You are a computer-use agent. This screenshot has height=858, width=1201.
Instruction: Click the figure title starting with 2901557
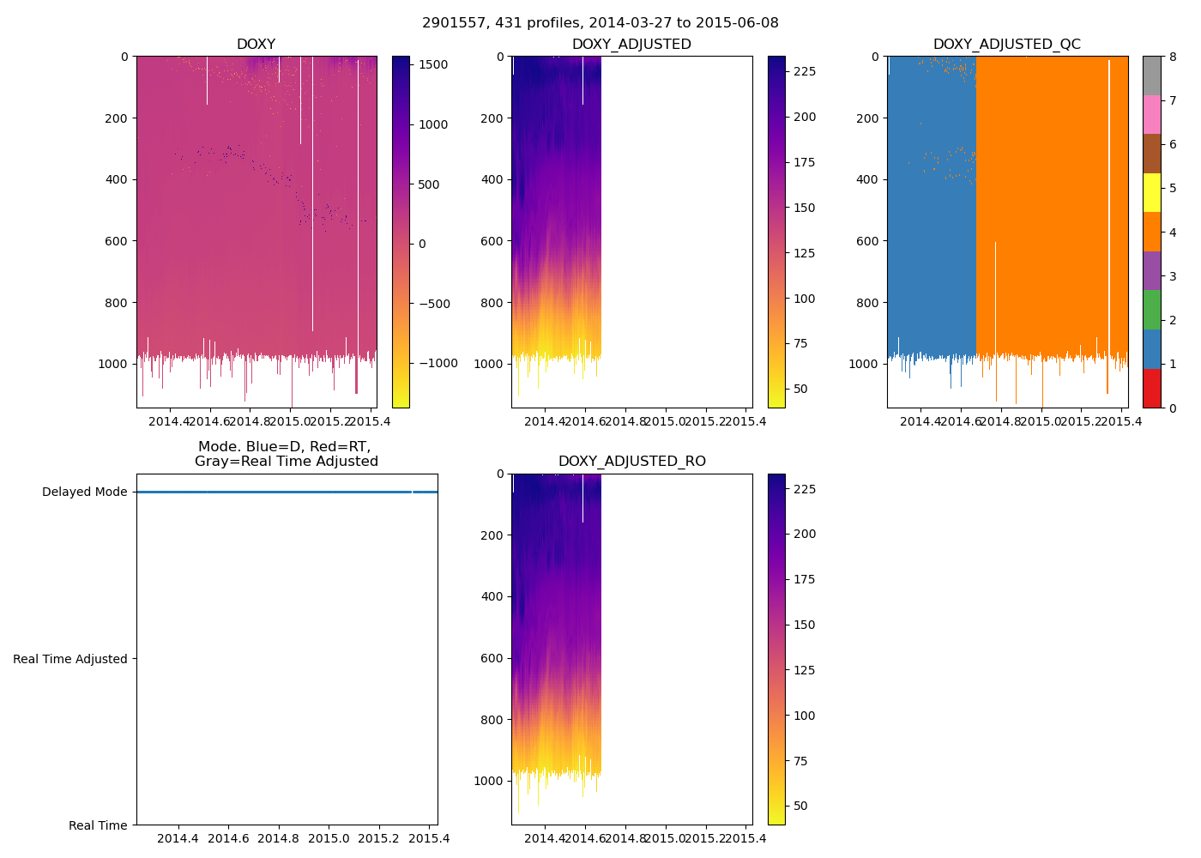pyautogui.click(x=600, y=23)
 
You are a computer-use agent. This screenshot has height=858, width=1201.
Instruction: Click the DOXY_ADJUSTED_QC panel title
pyautogui.click(x=1006, y=45)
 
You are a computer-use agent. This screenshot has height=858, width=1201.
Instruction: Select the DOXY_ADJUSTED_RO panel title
pyautogui.click(x=631, y=462)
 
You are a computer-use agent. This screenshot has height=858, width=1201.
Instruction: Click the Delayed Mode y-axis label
pyautogui.click(x=84, y=492)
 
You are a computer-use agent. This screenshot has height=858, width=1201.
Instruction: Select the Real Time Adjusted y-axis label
pyautogui.click(x=70, y=659)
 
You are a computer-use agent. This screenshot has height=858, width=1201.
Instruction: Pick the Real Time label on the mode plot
pyautogui.click(x=98, y=825)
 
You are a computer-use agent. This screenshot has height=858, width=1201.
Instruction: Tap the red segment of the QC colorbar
pyautogui.click(x=1151, y=388)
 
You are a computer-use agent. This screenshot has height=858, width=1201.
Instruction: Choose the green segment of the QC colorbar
pyautogui.click(x=1151, y=309)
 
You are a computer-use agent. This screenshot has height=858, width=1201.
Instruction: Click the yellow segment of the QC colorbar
pyautogui.click(x=1151, y=192)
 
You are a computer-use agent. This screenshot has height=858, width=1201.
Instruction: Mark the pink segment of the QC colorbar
pyautogui.click(x=1151, y=114)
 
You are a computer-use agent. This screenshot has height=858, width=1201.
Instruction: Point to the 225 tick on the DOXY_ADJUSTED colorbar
pyautogui.click(x=805, y=72)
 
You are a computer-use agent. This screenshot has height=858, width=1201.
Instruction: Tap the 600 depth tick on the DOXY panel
pyautogui.click(x=118, y=241)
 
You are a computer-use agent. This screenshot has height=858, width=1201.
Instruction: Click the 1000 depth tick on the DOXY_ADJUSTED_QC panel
pyautogui.click(x=864, y=364)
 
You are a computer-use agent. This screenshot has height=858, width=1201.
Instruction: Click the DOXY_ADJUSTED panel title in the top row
pyautogui.click(x=631, y=45)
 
